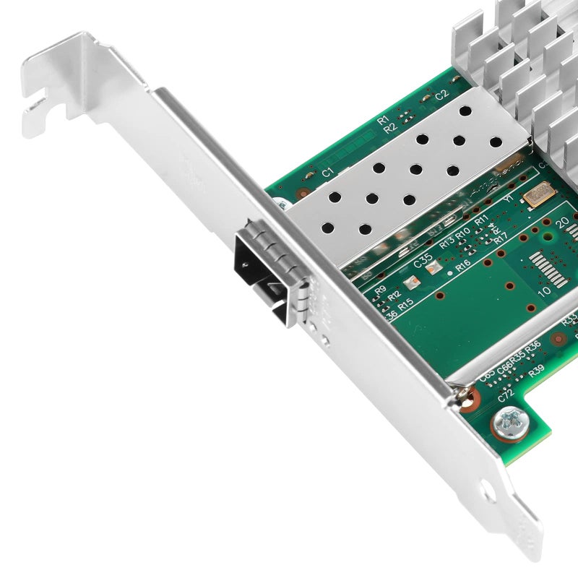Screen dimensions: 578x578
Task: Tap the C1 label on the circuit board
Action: [x=327, y=172]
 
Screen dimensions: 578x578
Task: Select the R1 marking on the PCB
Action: [x=383, y=118]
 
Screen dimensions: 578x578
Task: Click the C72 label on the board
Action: [x=506, y=394]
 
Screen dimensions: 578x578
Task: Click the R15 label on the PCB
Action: [x=405, y=303]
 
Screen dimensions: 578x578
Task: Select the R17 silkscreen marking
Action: [x=500, y=236]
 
